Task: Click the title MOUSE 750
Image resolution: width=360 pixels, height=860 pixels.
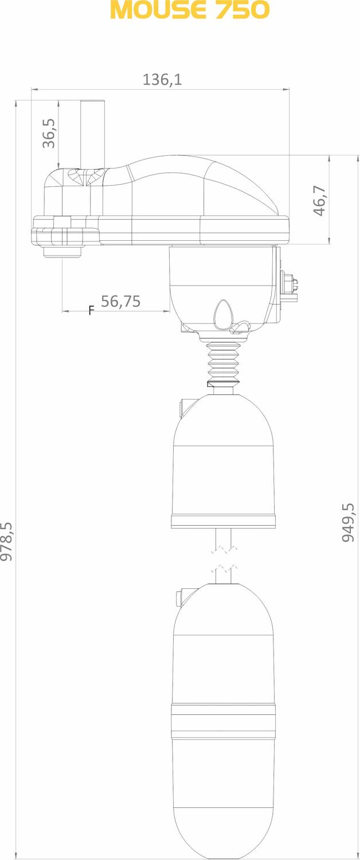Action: tap(189, 10)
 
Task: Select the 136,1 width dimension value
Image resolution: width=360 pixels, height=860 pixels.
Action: tap(162, 80)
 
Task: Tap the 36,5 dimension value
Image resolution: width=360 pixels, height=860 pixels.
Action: tap(49, 134)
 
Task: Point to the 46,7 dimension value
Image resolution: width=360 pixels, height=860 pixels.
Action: tap(319, 201)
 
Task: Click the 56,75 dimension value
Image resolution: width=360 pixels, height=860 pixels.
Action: tap(120, 302)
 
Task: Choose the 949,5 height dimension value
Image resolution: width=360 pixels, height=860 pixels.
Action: tap(348, 522)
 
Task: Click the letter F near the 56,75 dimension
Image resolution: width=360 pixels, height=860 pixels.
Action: tap(91, 311)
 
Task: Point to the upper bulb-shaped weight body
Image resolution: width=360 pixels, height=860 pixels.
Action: tap(224, 453)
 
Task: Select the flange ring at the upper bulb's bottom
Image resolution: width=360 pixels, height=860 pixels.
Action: tap(224, 521)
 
